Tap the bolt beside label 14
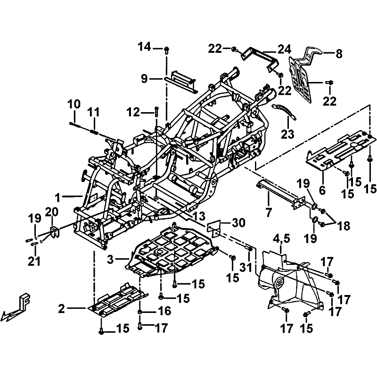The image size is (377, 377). pos(166,49)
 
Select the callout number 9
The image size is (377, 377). pos(145,79)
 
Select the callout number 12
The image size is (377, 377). pos(134,112)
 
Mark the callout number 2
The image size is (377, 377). pos(62,309)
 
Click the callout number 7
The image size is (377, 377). pos(269,213)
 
